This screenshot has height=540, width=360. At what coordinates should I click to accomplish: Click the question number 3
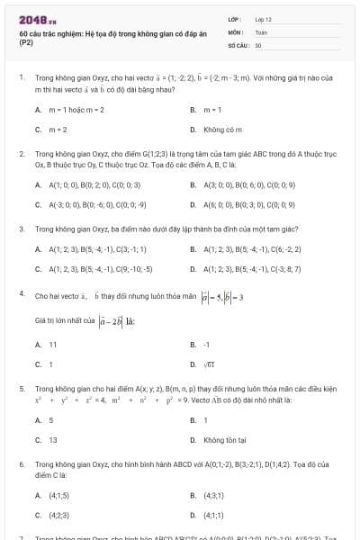[21, 229]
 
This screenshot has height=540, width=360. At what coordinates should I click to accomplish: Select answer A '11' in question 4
[52, 344]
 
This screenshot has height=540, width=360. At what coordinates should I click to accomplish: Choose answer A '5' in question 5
[51, 420]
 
